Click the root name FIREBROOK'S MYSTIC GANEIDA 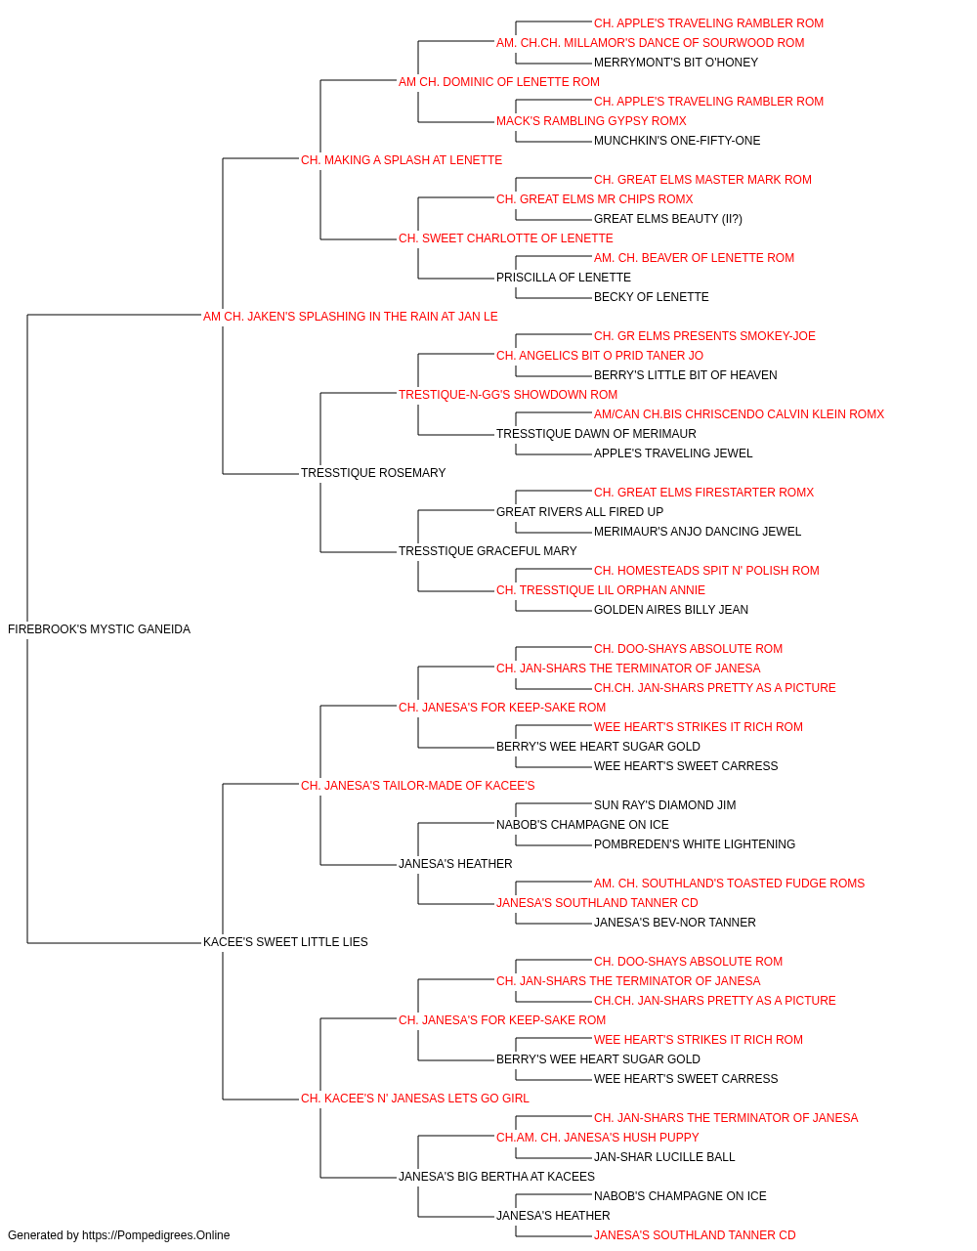(x=99, y=629)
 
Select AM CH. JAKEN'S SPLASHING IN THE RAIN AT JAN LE (x=350, y=317)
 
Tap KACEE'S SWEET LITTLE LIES (x=285, y=942)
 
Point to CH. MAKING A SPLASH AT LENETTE (x=401, y=160)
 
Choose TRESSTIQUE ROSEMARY (x=373, y=473)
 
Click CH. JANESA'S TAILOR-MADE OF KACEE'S (x=417, y=786)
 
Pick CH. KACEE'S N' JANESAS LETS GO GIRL (x=414, y=1099)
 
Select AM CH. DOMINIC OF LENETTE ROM (x=499, y=82)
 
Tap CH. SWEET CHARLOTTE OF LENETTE (x=505, y=238)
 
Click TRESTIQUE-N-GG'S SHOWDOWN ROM (x=507, y=395)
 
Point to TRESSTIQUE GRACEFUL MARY (x=488, y=551)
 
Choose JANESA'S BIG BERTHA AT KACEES (x=496, y=1177)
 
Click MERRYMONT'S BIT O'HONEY (x=675, y=63)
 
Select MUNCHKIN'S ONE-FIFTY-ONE (x=677, y=141)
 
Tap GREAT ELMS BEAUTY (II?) (x=667, y=219)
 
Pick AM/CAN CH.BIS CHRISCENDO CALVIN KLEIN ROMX (x=739, y=414)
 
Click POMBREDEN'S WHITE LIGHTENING (x=694, y=844)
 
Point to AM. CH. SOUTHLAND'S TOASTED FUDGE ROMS (x=729, y=884)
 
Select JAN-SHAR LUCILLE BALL (x=664, y=1157)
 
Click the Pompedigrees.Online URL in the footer (x=155, y=1235)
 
